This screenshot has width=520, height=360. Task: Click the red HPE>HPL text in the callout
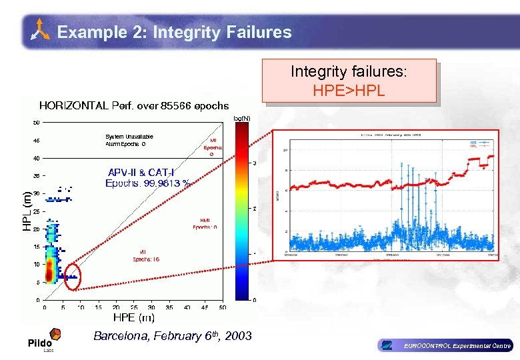click(x=349, y=90)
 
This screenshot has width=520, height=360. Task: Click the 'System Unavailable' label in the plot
click(x=129, y=137)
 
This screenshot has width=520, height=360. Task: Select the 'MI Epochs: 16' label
click(x=145, y=255)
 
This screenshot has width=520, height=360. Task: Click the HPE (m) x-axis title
click(x=133, y=319)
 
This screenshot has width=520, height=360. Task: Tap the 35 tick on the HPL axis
click(x=36, y=176)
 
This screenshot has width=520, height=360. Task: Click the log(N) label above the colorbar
click(x=241, y=118)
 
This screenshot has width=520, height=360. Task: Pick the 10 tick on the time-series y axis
click(x=285, y=150)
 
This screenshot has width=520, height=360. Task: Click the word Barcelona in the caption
click(x=121, y=336)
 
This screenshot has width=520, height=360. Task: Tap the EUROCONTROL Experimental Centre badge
click(x=445, y=345)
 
